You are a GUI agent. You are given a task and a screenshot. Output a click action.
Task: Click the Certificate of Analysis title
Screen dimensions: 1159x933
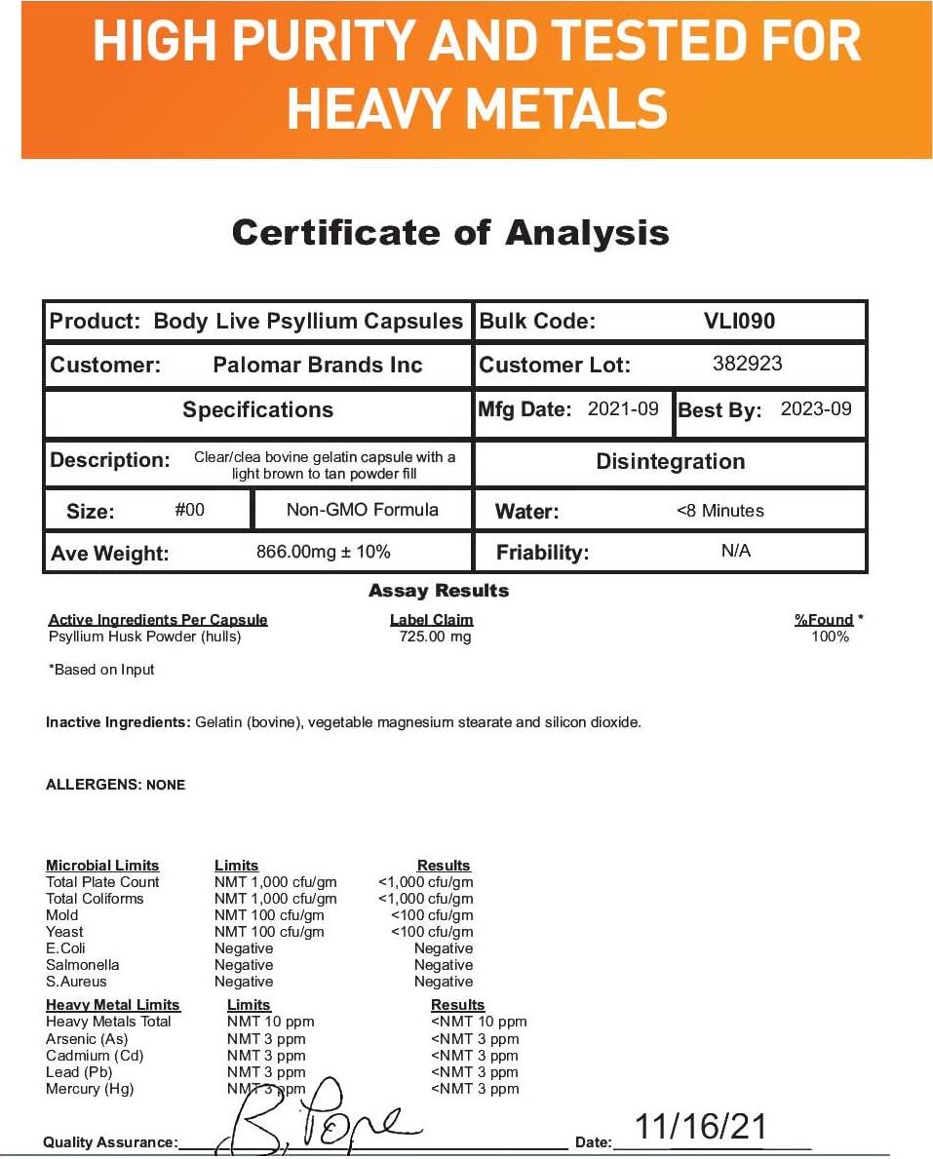pos(450,233)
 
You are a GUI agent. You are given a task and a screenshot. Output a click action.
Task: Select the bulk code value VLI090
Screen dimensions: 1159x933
pos(740,321)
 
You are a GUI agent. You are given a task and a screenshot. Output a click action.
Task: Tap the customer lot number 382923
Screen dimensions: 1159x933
pos(748,364)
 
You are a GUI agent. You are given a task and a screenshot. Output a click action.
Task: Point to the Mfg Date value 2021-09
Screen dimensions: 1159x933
pos(623,408)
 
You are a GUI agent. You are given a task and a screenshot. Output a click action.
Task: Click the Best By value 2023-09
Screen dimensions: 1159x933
pos(816,408)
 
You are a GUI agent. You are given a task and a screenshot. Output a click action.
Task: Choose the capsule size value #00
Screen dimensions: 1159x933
pos(189,509)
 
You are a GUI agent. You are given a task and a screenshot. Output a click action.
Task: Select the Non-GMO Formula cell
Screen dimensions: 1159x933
pos(362,509)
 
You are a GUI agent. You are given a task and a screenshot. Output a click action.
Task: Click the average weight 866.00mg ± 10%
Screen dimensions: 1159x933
pos(323,552)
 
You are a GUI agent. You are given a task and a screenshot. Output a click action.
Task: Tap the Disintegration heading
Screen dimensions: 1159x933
pos(670,461)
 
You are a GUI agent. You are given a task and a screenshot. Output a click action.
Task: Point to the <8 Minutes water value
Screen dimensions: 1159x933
pos(720,510)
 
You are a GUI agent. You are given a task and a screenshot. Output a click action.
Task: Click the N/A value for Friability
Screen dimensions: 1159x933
pos(736,551)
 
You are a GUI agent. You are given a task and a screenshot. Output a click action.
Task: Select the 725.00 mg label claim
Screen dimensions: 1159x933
pos(435,637)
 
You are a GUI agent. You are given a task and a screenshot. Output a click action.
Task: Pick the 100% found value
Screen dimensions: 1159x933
pos(830,637)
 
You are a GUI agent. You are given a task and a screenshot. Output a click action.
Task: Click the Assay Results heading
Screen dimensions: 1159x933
pos(439,591)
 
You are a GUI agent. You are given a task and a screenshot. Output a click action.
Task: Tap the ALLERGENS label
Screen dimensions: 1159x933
pos(94,785)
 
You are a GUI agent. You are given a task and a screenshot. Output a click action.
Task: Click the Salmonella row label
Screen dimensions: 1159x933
pos(83,965)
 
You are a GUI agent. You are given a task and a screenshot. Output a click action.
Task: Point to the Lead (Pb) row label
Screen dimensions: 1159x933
pos(79,1072)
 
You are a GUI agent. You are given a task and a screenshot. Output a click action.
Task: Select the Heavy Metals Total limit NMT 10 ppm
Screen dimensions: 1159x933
pos(271,1022)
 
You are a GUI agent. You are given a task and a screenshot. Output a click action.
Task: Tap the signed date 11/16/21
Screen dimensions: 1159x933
pos(701,1127)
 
